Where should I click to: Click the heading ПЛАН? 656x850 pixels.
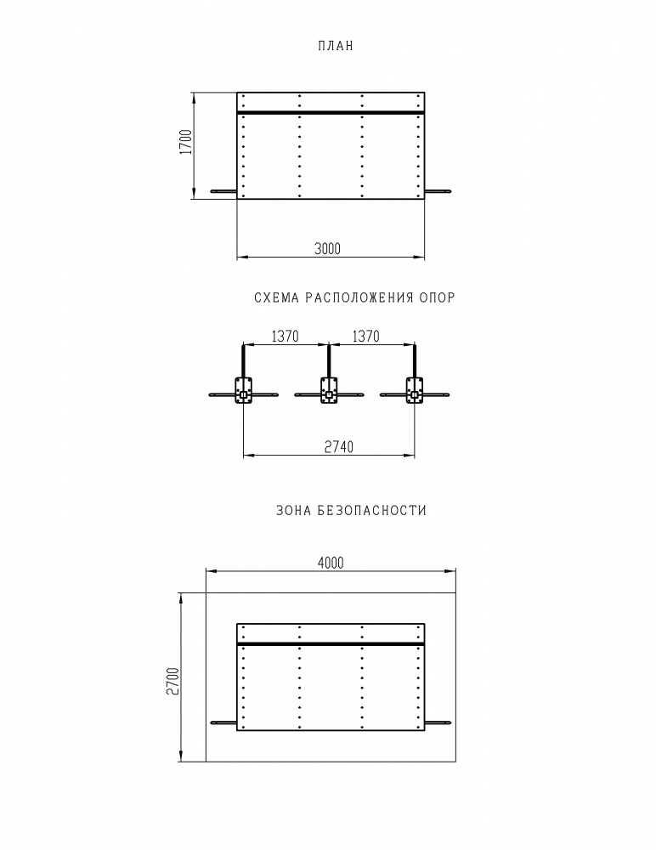pyautogui.click(x=336, y=46)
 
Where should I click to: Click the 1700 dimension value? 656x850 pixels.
pyautogui.click(x=186, y=142)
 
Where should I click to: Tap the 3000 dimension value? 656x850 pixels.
pyautogui.click(x=327, y=249)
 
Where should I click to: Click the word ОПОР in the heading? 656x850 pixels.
pyautogui.click(x=437, y=297)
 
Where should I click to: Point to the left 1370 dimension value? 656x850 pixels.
pyautogui.click(x=286, y=337)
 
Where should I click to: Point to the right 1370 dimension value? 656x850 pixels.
pyautogui.click(x=366, y=337)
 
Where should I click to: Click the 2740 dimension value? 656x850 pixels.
pyautogui.click(x=339, y=447)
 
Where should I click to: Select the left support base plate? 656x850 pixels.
pyautogui.click(x=243, y=390)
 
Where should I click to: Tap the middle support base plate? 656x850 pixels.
pyautogui.click(x=329, y=390)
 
